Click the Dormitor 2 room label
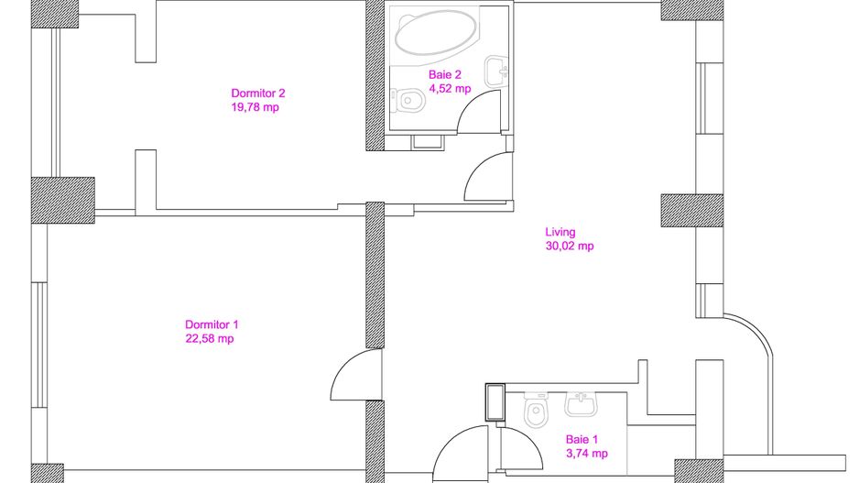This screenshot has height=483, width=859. click(x=258, y=93)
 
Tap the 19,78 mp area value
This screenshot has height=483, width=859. click(x=256, y=107)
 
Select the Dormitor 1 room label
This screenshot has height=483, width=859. click(x=212, y=324)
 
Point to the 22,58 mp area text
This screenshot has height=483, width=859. click(x=210, y=339)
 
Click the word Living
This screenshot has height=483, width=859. click(x=560, y=233)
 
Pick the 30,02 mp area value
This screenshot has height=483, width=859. click(x=570, y=247)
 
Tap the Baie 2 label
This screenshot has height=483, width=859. click(x=445, y=74)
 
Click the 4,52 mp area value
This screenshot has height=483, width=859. click(x=450, y=89)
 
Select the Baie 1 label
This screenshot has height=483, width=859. click(x=582, y=439)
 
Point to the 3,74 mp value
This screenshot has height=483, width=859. click(x=587, y=454)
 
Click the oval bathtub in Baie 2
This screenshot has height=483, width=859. click(x=436, y=32)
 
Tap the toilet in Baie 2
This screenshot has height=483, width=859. click(x=408, y=100)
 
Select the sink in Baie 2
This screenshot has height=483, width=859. click(x=496, y=71)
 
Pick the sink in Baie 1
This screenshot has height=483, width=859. click(x=581, y=404)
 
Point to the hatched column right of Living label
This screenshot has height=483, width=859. click(x=692, y=211)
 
